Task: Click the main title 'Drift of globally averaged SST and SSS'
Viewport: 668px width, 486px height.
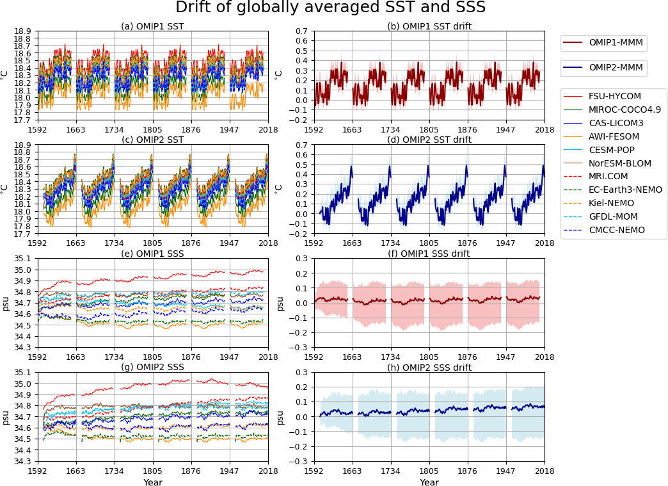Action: coord(330,8)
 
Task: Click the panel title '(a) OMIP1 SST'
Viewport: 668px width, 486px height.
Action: coord(152,26)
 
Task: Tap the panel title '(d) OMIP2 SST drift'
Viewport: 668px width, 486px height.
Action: coord(429,140)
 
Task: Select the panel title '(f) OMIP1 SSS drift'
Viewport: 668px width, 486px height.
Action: coord(429,254)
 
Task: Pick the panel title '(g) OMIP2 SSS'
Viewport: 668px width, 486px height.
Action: coord(152,368)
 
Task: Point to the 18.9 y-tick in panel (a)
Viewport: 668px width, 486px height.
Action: coord(24,31)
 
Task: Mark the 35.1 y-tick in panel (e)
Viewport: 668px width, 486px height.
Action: coord(24,259)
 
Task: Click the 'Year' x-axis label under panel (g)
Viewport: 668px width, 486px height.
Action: coord(153,482)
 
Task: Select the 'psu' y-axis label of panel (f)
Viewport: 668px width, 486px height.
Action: coord(280,303)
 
